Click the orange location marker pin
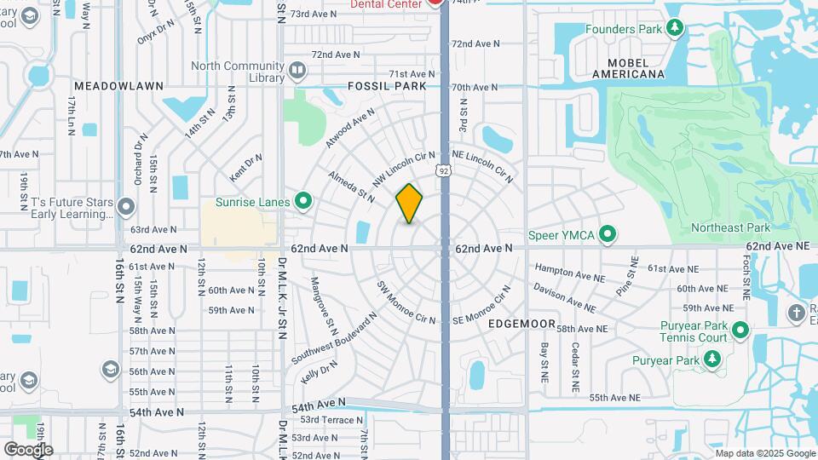pos(410,204)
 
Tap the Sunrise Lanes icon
pos(302,201)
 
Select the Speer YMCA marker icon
pos(608,233)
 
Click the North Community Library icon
pos(297,70)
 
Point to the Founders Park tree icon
pos(675,29)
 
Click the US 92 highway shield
pos(442,172)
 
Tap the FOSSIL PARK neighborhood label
pos(387,86)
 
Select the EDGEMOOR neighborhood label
pos(522,325)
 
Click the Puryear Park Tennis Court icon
pos(740,330)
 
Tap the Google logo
pos(28,449)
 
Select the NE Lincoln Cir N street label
pos(483,166)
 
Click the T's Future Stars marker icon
pos(126,206)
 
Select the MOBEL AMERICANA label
pos(636,68)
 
